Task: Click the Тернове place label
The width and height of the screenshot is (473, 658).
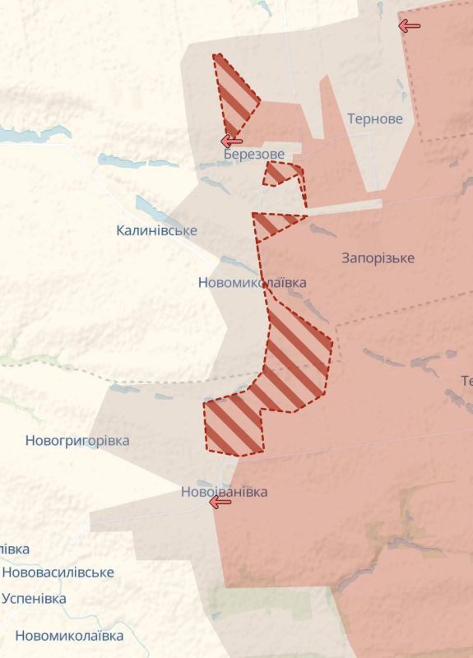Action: point(375,118)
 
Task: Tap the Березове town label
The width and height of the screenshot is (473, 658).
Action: point(254,155)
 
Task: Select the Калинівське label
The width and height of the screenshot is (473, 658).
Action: point(156,230)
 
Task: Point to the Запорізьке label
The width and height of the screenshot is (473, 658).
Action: point(378,258)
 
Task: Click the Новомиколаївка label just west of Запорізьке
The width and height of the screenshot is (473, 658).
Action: point(253,282)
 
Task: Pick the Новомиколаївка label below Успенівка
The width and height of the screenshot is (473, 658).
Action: point(69,636)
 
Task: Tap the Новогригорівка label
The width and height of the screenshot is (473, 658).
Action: point(77,441)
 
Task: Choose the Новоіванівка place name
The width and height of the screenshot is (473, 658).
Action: point(224,492)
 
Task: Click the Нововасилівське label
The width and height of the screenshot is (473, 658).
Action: point(58,572)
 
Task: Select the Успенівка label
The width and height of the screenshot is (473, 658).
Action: point(34,598)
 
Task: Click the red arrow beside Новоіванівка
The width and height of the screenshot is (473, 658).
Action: point(220,502)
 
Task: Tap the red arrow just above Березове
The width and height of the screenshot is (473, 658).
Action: point(231,141)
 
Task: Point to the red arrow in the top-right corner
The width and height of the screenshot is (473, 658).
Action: point(409,25)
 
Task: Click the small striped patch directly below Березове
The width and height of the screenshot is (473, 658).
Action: point(282,173)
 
